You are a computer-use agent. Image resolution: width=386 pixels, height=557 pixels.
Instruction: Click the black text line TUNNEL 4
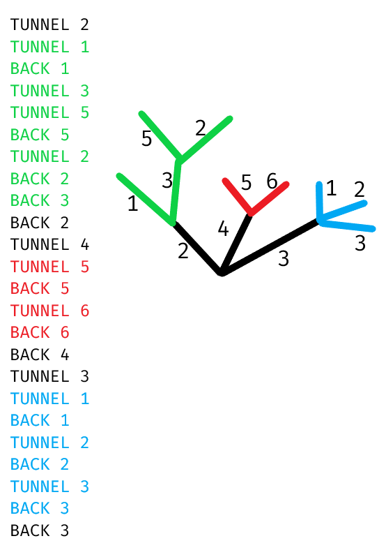click(x=49, y=244)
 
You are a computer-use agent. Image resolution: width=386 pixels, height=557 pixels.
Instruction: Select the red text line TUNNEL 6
click(x=49, y=311)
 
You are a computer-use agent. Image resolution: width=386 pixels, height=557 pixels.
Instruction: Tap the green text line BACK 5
click(x=40, y=135)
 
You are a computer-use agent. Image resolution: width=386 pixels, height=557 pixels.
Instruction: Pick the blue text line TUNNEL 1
click(x=49, y=399)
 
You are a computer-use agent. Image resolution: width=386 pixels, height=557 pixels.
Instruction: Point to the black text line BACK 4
click(x=40, y=355)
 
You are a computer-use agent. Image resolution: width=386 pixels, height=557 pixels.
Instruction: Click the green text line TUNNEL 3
click(x=49, y=91)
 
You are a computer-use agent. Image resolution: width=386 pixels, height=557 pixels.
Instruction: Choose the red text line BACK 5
click(x=40, y=288)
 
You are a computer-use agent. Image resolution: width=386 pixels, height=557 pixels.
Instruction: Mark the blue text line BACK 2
click(x=40, y=464)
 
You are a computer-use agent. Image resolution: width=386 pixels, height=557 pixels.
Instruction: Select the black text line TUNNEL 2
click(x=49, y=24)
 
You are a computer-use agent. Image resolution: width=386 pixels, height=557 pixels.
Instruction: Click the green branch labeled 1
click(x=146, y=200)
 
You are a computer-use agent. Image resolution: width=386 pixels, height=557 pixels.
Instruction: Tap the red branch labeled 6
click(x=269, y=198)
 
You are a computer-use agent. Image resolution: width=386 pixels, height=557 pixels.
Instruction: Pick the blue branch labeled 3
click(x=346, y=225)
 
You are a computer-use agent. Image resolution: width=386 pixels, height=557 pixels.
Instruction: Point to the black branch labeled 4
click(x=236, y=243)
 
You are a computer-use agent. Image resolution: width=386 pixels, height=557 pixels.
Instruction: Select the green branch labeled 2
click(x=206, y=139)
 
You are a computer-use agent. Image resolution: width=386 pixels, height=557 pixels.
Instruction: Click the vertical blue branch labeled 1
click(x=320, y=202)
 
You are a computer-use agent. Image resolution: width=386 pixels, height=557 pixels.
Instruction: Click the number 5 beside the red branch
click(x=247, y=183)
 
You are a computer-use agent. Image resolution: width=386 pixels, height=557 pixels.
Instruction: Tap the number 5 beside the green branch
click(x=147, y=138)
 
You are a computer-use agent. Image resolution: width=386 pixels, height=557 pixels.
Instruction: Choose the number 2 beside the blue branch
click(x=360, y=189)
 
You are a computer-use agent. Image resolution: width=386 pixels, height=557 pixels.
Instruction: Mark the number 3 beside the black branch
click(x=284, y=258)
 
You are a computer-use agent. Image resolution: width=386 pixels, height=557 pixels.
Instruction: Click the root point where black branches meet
click(x=222, y=272)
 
